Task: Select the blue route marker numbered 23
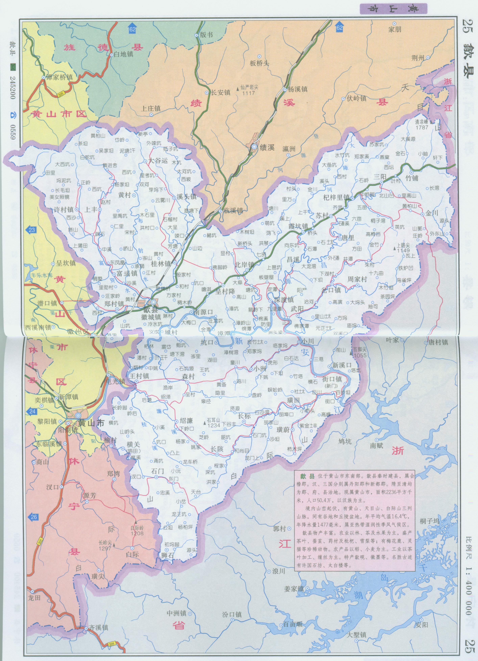31,230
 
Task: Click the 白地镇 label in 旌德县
123,54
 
